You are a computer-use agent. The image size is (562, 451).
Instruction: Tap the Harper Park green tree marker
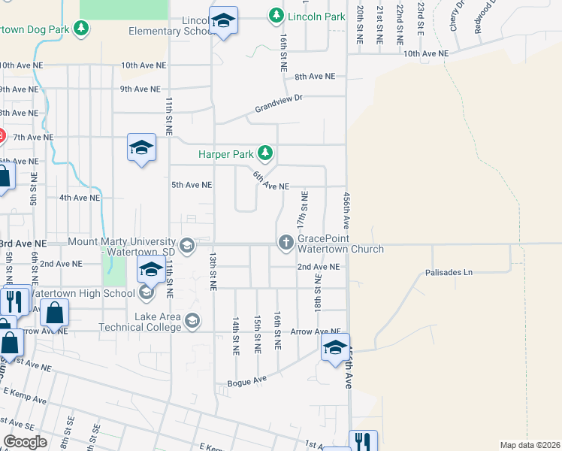coord(264,154)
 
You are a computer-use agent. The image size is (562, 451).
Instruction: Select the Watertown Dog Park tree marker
coord(82,29)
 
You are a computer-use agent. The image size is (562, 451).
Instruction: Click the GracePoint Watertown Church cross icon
coord(286,243)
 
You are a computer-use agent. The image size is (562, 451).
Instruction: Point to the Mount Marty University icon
coord(186,246)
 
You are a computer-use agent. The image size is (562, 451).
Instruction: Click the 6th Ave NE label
coord(270,181)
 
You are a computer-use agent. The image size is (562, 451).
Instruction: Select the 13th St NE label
coord(213,271)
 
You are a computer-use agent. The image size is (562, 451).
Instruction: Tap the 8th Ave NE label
coord(314,77)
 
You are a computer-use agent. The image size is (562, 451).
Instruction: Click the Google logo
coord(25,442)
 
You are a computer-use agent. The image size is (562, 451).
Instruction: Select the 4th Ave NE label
coord(80,198)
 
